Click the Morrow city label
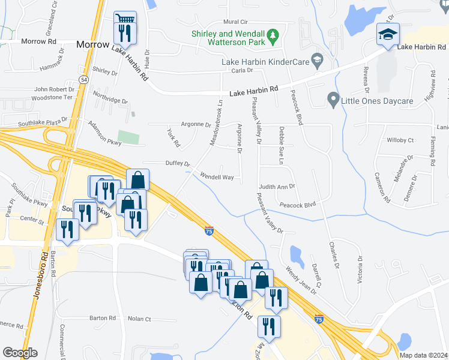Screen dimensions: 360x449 (92, 45)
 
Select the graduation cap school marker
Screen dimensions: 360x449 (387, 34)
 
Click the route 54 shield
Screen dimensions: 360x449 (83, 79)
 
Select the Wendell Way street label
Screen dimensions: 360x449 (217, 178)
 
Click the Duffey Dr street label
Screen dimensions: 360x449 (177, 163)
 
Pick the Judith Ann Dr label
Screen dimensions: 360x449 (277, 187)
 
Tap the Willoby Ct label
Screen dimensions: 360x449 (400, 140)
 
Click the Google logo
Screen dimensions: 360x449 (20, 353)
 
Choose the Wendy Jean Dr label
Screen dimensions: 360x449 (301, 279)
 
